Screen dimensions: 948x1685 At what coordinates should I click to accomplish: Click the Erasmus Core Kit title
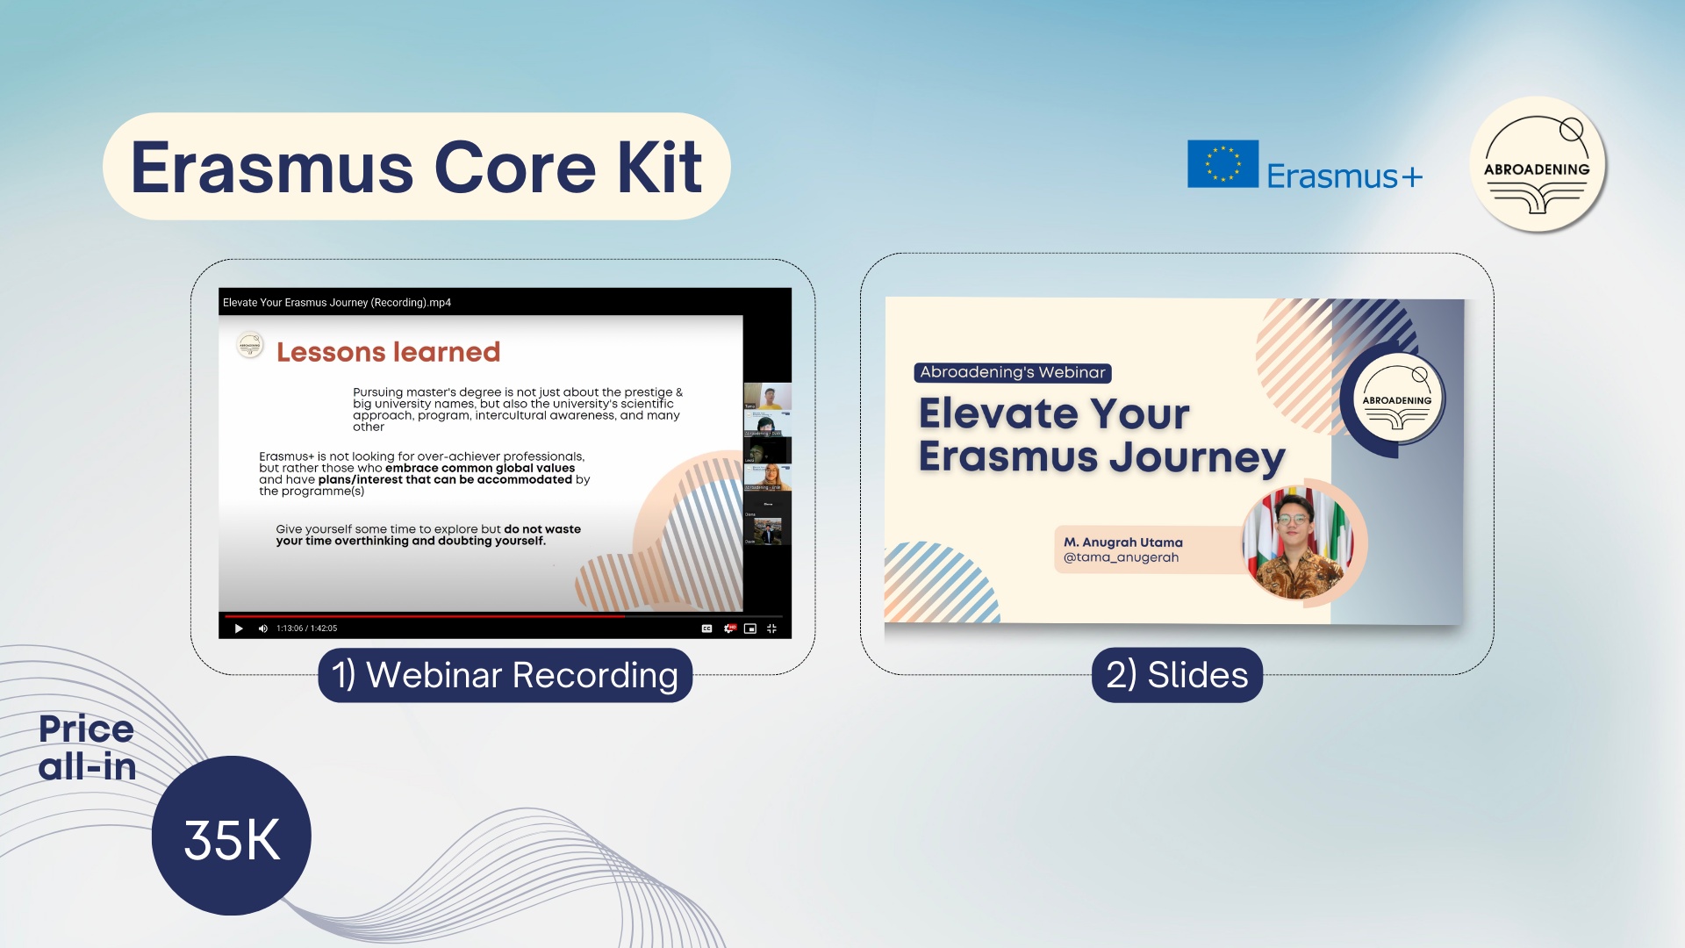click(416, 167)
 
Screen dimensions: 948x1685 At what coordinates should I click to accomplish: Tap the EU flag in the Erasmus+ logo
click(1223, 164)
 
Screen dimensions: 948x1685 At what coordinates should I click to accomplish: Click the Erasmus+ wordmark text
click(1344, 176)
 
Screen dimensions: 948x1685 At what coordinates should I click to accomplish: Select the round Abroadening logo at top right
click(1537, 165)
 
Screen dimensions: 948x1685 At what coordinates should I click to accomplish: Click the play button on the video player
click(239, 628)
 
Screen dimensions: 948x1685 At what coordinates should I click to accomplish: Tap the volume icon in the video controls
click(262, 628)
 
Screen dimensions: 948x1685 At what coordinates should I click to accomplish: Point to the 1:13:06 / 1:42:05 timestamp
click(306, 628)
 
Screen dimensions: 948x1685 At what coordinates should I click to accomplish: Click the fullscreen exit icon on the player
click(771, 628)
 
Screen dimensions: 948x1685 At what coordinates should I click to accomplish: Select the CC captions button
click(706, 628)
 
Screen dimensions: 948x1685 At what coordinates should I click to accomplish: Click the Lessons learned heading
click(388, 352)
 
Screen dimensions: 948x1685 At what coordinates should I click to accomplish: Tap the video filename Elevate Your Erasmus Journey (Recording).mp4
click(337, 303)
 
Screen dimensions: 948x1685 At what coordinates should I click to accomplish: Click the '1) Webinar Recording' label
click(505, 675)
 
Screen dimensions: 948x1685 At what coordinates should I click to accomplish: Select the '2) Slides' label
click(1177, 675)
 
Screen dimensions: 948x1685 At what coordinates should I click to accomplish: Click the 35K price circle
click(232, 837)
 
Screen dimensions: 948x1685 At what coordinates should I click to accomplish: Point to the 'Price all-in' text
click(87, 748)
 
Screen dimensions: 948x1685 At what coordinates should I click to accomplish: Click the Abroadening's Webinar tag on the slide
click(1013, 372)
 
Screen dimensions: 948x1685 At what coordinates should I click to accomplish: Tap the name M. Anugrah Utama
click(1123, 542)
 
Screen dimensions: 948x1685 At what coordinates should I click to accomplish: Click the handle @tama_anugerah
click(1121, 557)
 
